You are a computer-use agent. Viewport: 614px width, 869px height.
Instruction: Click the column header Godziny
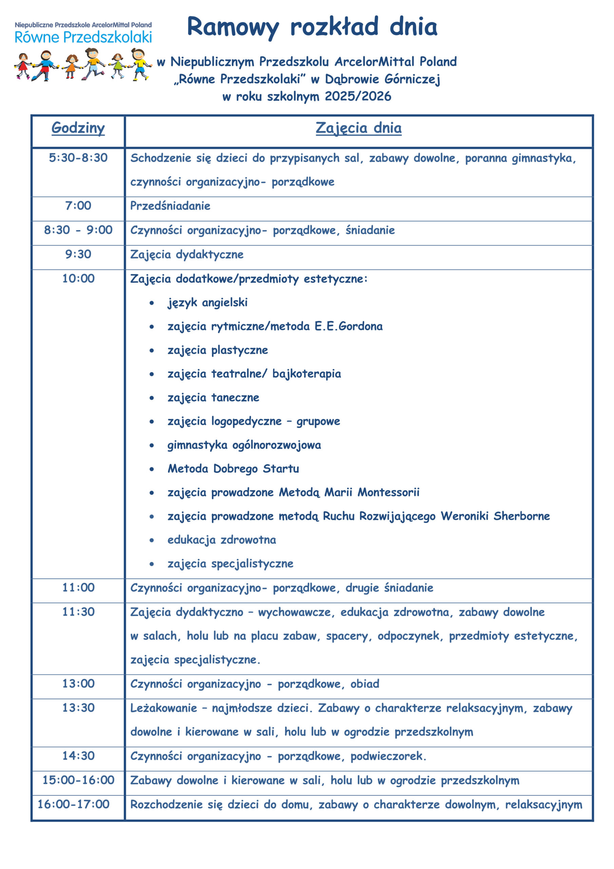coord(78,128)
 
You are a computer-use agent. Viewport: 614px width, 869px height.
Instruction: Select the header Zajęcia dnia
coord(358,128)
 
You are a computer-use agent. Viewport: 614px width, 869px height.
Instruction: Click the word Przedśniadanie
coord(170,206)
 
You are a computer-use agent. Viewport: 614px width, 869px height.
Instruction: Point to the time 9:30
coord(78,254)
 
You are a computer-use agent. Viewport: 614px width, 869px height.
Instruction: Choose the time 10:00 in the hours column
coord(78,279)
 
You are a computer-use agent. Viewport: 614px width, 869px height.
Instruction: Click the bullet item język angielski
coord(207,302)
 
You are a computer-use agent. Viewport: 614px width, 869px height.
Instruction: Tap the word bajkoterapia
coord(306,374)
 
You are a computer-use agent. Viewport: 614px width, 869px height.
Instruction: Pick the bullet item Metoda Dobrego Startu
coord(233,469)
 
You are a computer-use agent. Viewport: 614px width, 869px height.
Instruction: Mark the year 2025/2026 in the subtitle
coord(358,96)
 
